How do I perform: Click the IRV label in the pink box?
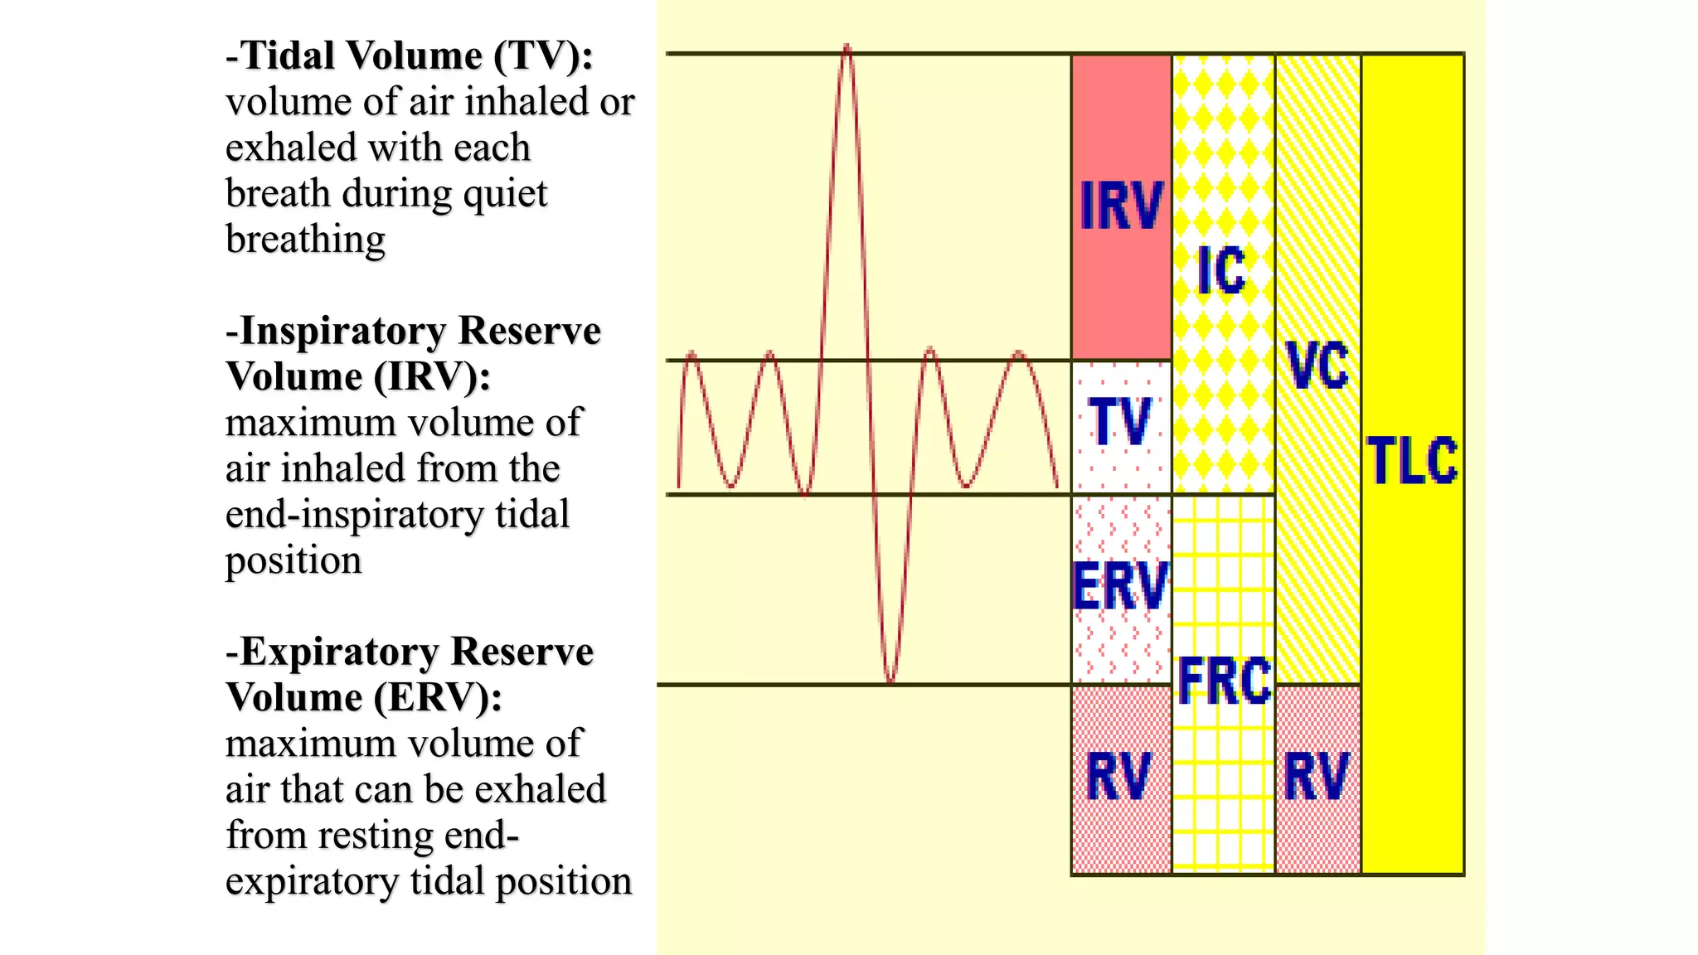(x=1121, y=206)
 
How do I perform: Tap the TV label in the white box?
(x=1120, y=422)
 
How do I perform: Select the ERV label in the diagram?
(x=1120, y=586)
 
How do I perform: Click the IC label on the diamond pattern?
(x=1221, y=271)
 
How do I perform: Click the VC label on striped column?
(x=1317, y=366)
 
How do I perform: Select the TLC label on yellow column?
(x=1412, y=461)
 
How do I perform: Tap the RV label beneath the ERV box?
(x=1119, y=777)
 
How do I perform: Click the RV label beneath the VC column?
(x=1317, y=777)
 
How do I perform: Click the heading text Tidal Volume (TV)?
(x=410, y=56)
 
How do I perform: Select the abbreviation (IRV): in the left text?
(x=431, y=377)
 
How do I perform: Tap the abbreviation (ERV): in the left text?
(x=437, y=698)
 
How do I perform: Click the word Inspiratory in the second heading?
(x=343, y=331)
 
